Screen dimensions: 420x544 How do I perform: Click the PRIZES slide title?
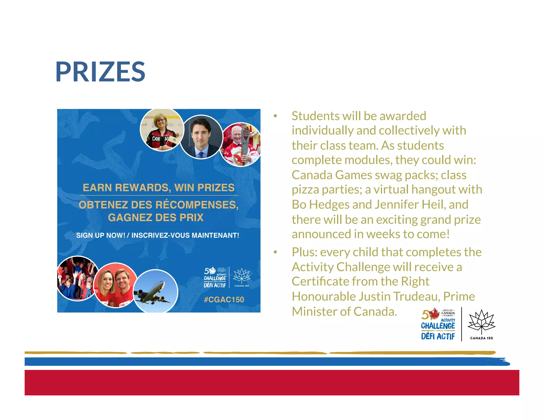[x=100, y=72]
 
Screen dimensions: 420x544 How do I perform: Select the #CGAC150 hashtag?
[x=224, y=299]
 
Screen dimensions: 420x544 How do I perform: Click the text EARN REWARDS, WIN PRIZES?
[x=159, y=187]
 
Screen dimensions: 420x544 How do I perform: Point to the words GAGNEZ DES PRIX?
[x=156, y=217]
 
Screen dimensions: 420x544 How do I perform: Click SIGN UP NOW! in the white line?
[x=101, y=235]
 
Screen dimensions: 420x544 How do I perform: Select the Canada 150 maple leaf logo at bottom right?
[x=481, y=324]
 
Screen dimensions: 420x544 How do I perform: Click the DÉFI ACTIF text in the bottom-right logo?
[x=438, y=336]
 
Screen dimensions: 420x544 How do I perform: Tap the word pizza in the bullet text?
[x=305, y=190]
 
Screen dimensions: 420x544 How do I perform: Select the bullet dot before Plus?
[x=275, y=252]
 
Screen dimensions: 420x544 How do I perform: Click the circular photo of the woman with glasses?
[x=162, y=130]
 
